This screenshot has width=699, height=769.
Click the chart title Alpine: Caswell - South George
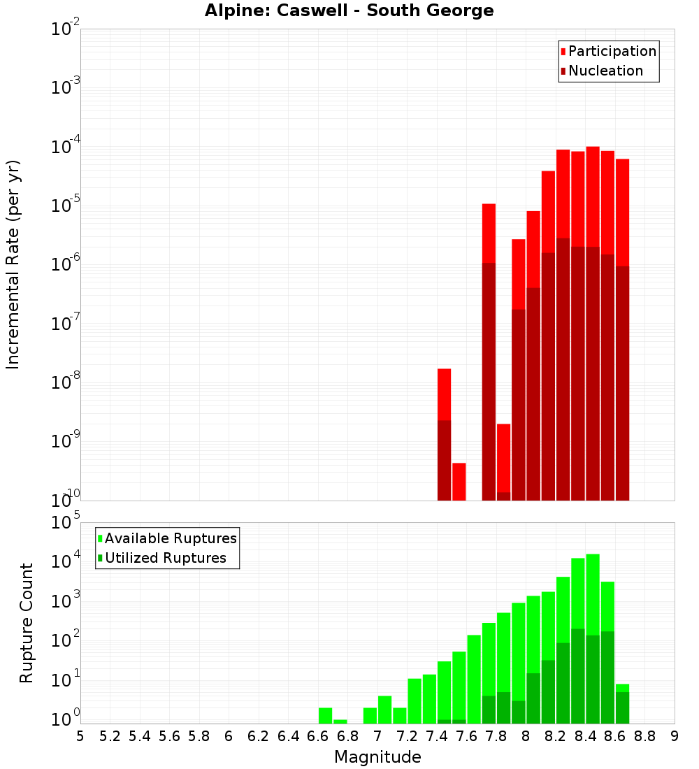[x=349, y=10]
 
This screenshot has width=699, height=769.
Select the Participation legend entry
[x=612, y=51]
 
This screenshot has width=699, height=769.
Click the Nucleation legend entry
[x=605, y=71]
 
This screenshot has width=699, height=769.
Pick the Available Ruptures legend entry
[x=170, y=538]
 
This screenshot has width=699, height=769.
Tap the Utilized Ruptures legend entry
[x=165, y=558]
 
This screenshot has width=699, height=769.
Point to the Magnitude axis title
[x=377, y=757]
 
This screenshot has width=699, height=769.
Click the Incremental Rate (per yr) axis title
[x=13, y=265]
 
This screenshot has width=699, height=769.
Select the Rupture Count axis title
[x=27, y=622]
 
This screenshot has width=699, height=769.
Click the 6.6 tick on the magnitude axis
[x=318, y=735]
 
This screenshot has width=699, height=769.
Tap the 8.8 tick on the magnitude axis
[x=644, y=735]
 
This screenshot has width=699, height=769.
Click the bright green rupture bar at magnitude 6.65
[x=325, y=716]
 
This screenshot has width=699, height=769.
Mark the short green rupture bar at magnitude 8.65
[x=622, y=688]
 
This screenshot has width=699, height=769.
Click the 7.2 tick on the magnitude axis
[x=407, y=735]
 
